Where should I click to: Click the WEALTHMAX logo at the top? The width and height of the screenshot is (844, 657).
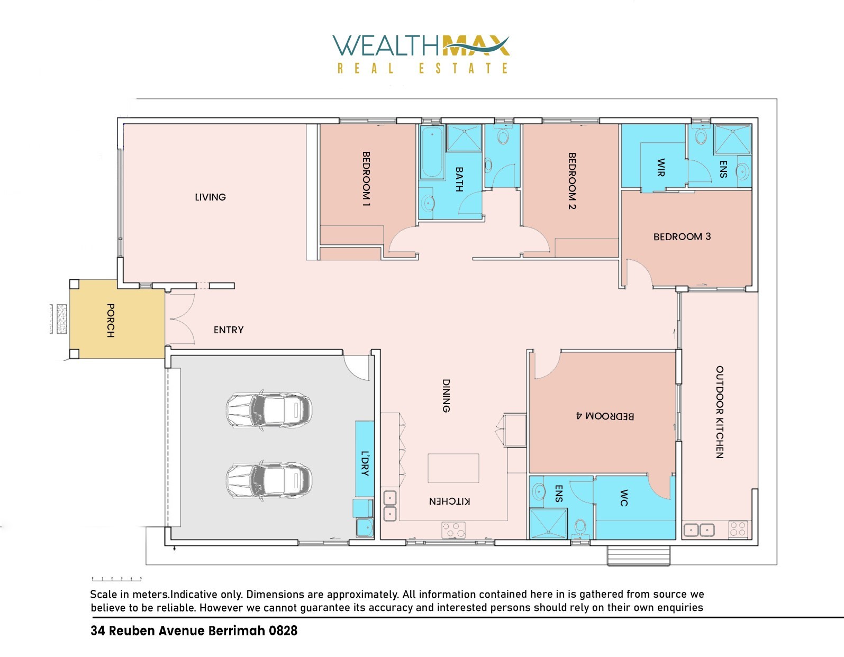(421, 54)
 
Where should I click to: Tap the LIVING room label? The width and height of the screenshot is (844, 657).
(210, 197)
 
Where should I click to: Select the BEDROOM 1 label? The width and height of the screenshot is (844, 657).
(366, 179)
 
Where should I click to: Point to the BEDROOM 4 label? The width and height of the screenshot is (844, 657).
(605, 416)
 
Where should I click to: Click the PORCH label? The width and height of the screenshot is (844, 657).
(111, 321)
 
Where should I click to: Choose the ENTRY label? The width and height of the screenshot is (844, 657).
(229, 330)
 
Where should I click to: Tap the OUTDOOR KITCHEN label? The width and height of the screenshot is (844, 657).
(719, 412)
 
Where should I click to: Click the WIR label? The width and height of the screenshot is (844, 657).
(661, 167)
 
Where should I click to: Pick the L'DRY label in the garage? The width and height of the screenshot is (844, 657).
(365, 463)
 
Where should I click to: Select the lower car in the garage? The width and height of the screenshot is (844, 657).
(269, 481)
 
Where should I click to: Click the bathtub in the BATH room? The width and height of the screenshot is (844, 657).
(432, 152)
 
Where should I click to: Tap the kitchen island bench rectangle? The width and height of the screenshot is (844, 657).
(453, 468)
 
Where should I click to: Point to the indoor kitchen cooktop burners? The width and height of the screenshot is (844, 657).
(453, 530)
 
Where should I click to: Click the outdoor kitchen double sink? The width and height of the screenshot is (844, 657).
(699, 530)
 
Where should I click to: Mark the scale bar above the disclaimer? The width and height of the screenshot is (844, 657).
(116, 579)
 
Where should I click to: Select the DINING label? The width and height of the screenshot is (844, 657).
(446, 396)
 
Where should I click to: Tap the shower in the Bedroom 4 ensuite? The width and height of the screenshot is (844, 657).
(548, 523)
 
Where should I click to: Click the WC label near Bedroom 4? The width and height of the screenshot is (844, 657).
(623, 498)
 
